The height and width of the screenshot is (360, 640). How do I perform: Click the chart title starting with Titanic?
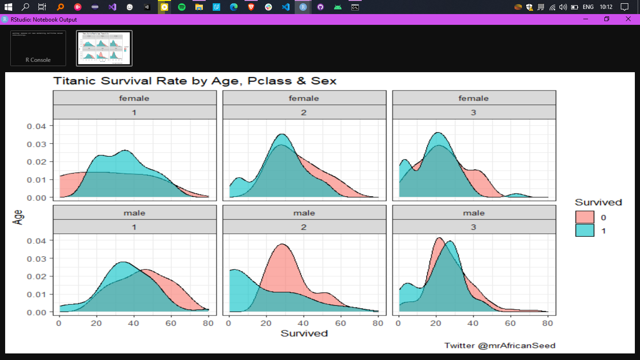click(194, 81)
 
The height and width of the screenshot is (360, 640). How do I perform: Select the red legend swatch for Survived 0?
click(584, 217)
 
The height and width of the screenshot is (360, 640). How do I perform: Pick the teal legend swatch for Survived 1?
click(584, 231)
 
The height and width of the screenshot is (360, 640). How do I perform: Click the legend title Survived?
click(598, 202)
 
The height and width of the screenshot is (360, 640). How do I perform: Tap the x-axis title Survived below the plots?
click(304, 333)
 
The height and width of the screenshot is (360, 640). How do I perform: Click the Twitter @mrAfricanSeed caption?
click(499, 345)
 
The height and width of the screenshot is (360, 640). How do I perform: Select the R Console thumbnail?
click(38, 48)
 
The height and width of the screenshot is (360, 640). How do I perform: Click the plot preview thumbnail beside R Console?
click(104, 48)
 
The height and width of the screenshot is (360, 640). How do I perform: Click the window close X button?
click(628, 19)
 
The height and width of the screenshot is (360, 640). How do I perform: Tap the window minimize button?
click(585, 19)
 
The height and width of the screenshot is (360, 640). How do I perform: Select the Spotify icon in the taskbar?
click(182, 7)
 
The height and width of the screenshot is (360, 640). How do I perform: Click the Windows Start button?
click(8, 7)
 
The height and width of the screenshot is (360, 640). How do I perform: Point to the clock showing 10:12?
click(606, 7)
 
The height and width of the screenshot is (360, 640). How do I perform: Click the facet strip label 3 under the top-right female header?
click(474, 112)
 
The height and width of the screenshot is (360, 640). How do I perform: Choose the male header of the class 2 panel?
click(304, 213)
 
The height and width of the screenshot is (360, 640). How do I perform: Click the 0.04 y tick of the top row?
click(37, 126)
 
